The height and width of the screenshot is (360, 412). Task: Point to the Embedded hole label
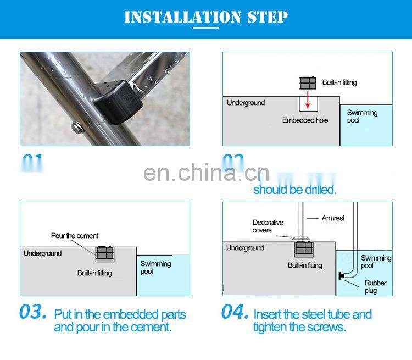(305, 120)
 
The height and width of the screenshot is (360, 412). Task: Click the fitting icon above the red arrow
(308, 83)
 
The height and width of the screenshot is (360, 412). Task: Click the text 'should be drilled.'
(294, 190)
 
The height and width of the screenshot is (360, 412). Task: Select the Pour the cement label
(75, 236)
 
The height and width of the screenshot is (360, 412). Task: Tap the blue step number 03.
(33, 312)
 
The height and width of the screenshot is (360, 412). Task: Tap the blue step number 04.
(235, 312)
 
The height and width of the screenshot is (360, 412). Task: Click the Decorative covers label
(268, 226)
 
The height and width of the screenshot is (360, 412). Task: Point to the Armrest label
(333, 218)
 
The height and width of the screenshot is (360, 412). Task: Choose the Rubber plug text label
(376, 287)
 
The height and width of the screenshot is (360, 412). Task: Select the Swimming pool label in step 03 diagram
(155, 268)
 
